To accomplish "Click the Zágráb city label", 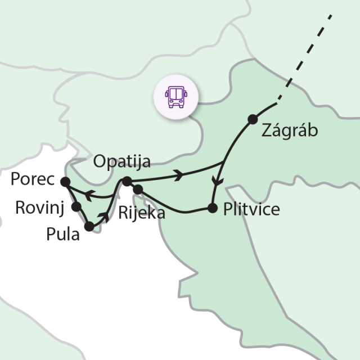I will click(x=290, y=130).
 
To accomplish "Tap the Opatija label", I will click(x=122, y=163).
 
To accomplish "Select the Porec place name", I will click(x=31, y=181).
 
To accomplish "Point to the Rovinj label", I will click(x=38, y=207).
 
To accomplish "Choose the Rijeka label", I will click(x=142, y=213).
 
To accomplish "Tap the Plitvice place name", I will click(x=251, y=209).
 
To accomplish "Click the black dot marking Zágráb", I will click(x=253, y=119).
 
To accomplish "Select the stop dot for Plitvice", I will click(x=212, y=208).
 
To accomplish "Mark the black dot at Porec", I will click(x=65, y=182).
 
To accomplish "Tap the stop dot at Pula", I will click(x=89, y=227).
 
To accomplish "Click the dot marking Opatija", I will click(x=127, y=181).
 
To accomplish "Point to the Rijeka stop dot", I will click(x=137, y=190).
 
